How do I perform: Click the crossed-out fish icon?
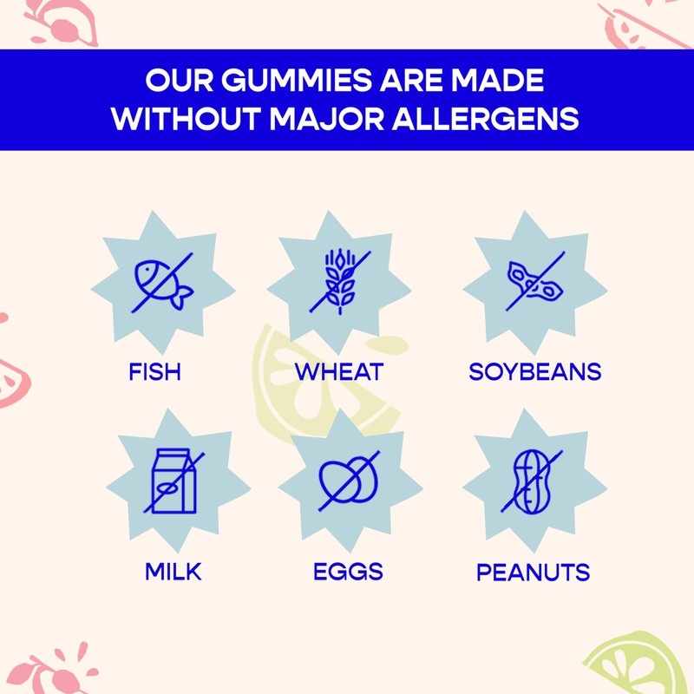click(163, 283)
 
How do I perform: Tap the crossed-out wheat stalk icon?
click(340, 283)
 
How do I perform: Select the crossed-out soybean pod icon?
click(535, 281)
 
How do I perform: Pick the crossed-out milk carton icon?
click(174, 481)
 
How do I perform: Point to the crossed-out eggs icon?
click(349, 481)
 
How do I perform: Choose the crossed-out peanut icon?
click(532, 481)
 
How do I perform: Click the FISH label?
click(155, 372)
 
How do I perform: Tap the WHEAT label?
click(339, 372)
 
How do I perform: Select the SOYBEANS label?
click(535, 372)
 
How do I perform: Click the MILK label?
click(173, 572)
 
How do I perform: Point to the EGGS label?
click(349, 572)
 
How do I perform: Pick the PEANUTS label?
click(534, 573)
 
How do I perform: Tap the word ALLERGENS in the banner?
click(486, 119)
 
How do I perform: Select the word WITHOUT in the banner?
click(186, 119)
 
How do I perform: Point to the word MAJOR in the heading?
click(327, 119)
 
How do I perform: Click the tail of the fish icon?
click(182, 298)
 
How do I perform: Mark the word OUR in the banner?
click(180, 80)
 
